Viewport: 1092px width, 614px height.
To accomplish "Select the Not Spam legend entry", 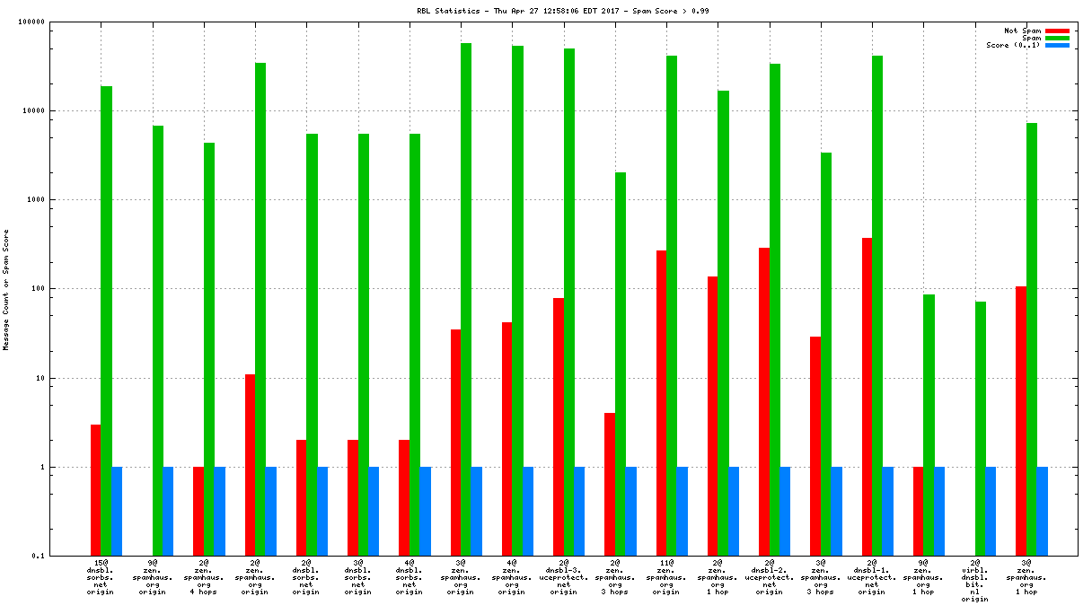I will [x=1022, y=31].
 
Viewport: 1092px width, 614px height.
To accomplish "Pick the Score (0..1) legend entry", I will [x=1013, y=45].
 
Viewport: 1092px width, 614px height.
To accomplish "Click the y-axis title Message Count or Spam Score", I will [x=6, y=289].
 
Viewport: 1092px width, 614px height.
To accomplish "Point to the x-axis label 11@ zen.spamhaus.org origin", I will [x=666, y=576].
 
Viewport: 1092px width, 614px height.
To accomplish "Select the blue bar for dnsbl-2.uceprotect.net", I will [x=785, y=512].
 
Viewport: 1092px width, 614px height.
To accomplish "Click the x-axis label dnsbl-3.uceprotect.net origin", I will [x=564, y=576].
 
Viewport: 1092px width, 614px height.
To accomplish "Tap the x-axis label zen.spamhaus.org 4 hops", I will [x=204, y=576].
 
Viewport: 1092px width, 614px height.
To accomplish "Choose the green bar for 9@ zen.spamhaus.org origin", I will [x=158, y=341].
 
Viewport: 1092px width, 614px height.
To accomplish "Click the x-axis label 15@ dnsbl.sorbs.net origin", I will [x=101, y=576].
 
